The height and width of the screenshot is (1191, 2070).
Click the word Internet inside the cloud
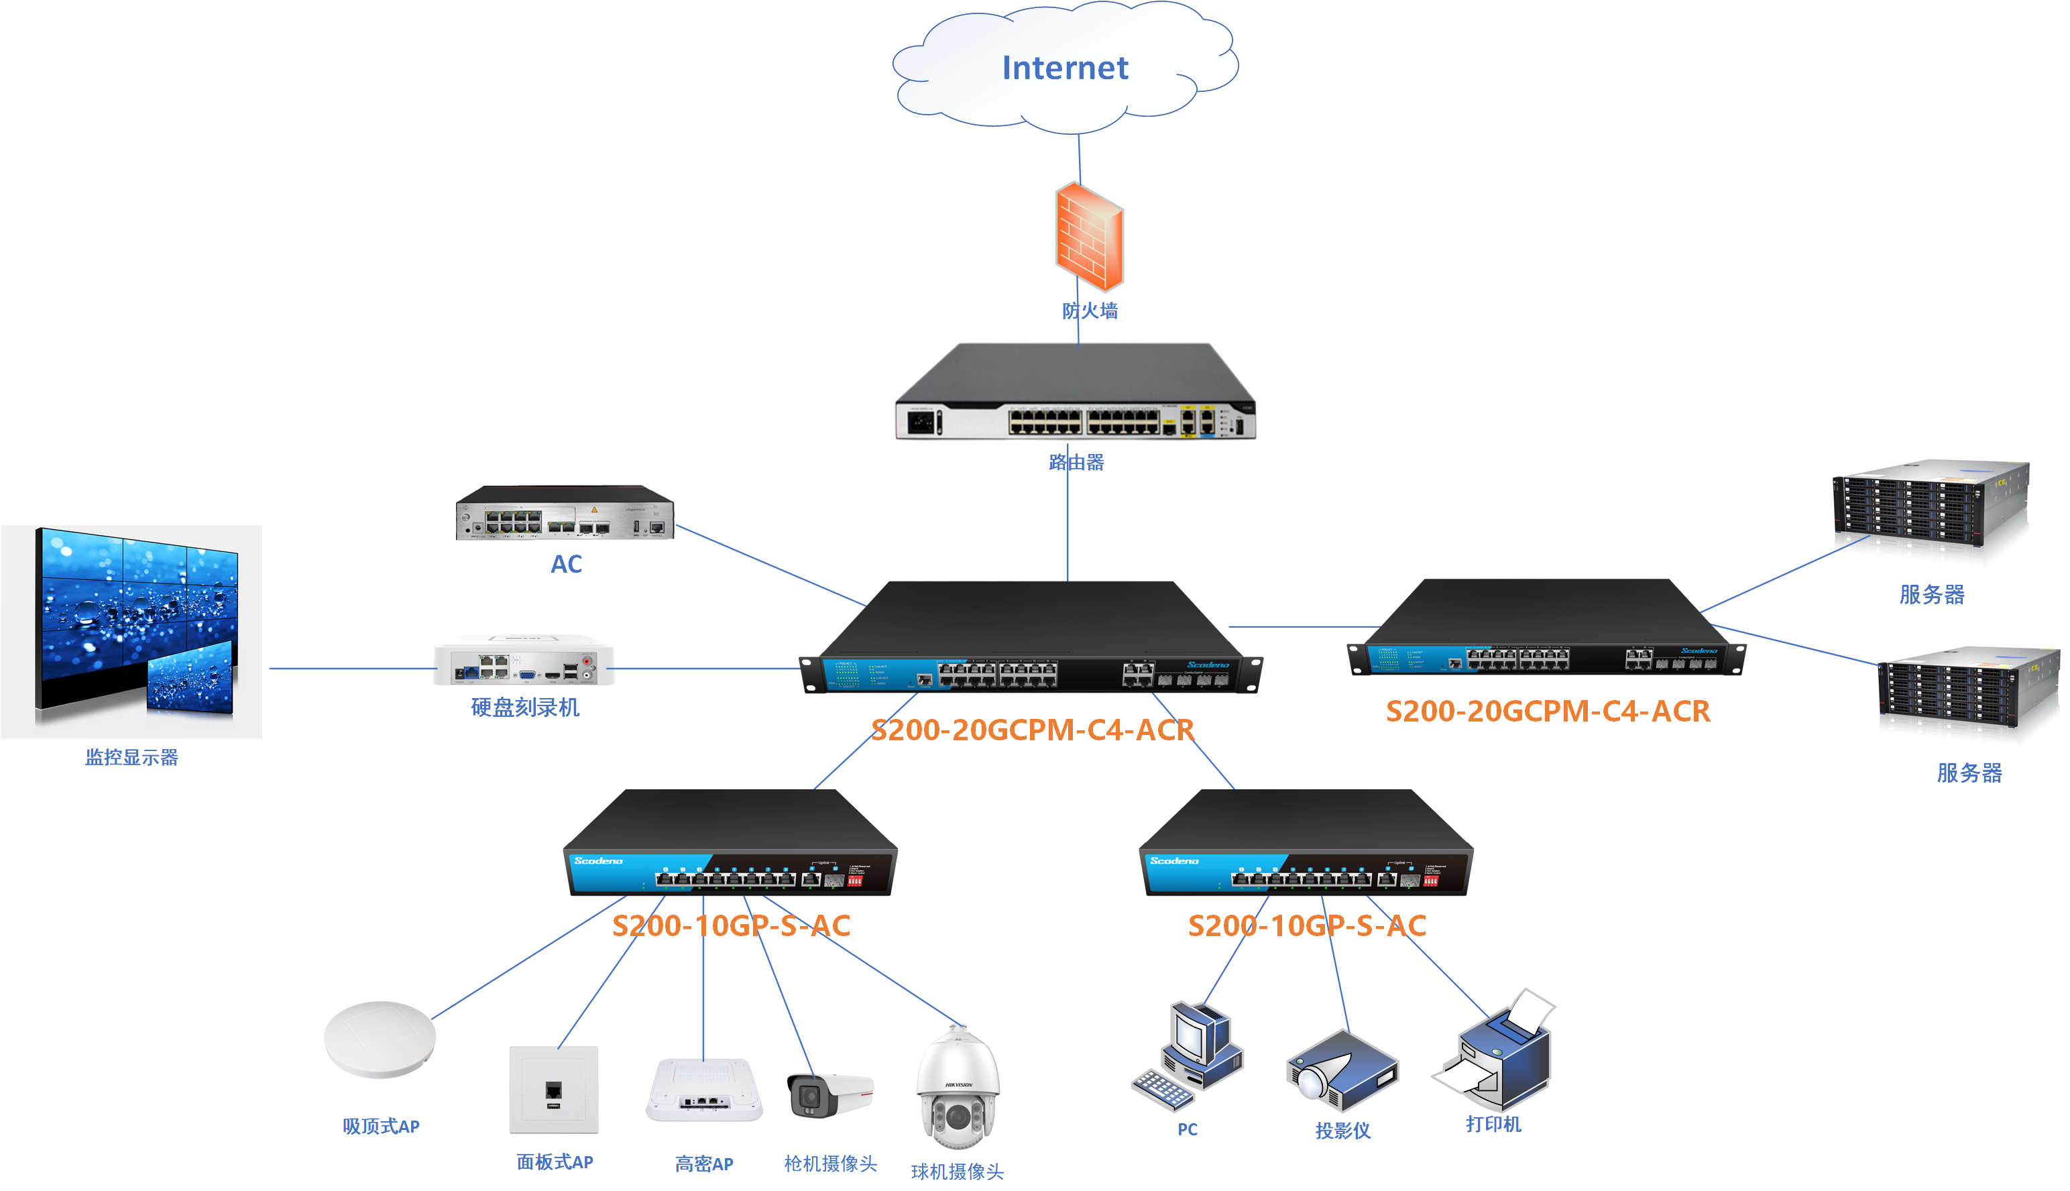pyautogui.click(x=1065, y=68)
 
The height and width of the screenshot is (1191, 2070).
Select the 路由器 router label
pyautogui.click(x=1076, y=462)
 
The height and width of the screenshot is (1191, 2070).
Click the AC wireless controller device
pyautogui.click(x=565, y=513)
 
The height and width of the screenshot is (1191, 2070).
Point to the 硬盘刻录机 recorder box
pyautogui.click(x=524, y=662)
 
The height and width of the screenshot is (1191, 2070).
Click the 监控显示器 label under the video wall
pyautogui.click(x=131, y=758)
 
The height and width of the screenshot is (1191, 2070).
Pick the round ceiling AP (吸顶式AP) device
pyautogui.click(x=380, y=1039)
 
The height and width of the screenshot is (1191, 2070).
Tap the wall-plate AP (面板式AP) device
pyautogui.click(x=554, y=1090)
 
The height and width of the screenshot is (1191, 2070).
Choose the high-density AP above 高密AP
pyautogui.click(x=703, y=1090)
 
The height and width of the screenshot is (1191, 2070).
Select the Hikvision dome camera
pyautogui.click(x=958, y=1088)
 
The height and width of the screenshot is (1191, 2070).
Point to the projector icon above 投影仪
pyautogui.click(x=1342, y=1070)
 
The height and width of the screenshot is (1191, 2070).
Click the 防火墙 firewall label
pyautogui.click(x=1090, y=311)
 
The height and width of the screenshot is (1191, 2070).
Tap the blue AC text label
pyautogui.click(x=566, y=565)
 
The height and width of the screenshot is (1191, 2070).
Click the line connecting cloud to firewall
pyautogui.click(x=1080, y=160)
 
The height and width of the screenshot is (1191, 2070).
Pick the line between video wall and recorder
pyautogui.click(x=351, y=669)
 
